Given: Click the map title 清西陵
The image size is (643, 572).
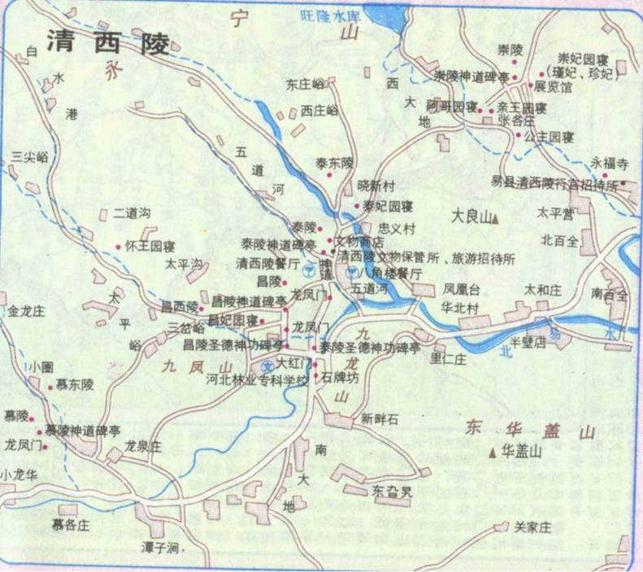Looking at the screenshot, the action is click(108, 42).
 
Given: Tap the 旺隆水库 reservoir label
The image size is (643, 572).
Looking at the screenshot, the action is click(331, 15).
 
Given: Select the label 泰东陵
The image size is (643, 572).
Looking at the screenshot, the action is click(335, 162).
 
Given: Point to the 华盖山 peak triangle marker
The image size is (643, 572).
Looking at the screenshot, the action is click(494, 453).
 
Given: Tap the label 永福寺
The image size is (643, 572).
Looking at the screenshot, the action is click(610, 162).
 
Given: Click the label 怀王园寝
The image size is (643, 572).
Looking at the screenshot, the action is click(150, 245).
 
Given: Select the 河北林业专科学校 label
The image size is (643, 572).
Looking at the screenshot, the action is click(258, 379).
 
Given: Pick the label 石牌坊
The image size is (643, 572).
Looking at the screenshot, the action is click(339, 377).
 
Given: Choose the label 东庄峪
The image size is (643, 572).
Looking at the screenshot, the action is click(305, 84).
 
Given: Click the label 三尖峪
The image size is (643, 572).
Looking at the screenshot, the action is click(30, 155).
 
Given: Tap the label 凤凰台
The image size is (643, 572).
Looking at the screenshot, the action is click(462, 288).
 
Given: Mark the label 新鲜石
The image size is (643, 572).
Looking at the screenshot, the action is click(380, 419).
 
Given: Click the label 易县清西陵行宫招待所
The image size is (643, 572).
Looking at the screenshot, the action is click(555, 184).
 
